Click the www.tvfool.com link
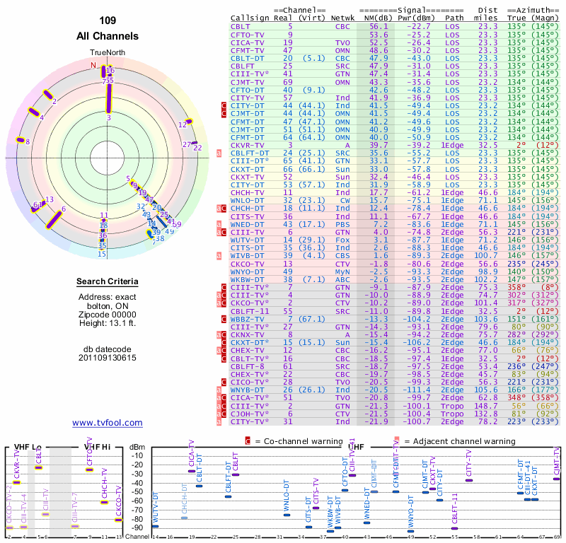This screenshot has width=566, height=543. tap(107, 423)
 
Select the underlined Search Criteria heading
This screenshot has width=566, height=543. tap(108, 282)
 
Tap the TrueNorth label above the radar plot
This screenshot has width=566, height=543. tap(107, 53)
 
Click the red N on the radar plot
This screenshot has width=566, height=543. tap(93, 65)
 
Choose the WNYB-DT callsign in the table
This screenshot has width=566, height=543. tap(248, 390)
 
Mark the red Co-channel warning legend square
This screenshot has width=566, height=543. tap(248, 441)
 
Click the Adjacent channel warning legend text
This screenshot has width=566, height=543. tap(459, 441)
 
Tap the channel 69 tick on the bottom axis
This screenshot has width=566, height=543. tap(557, 537)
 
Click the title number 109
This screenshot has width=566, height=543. tap(107, 20)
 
